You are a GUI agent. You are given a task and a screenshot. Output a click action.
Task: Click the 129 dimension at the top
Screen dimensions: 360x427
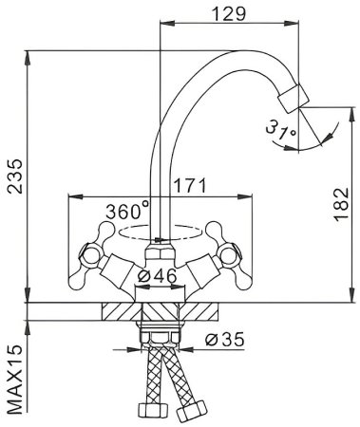pos(229,13)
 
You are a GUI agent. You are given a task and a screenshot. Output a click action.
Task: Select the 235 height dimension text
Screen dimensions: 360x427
pos(15,176)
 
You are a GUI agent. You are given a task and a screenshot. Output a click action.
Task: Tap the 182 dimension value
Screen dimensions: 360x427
pos(341,204)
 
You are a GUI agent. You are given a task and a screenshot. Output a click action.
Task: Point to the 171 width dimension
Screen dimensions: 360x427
pos(190,185)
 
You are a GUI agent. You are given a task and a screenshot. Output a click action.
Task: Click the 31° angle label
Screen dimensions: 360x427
pos(281,131)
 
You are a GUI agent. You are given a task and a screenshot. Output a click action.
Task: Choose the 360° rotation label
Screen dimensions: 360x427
pos(127,211)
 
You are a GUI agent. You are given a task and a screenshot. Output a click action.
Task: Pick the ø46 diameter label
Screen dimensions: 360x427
pos(158,275)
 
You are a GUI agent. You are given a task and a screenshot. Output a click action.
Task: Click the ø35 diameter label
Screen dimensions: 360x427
pos(225,340)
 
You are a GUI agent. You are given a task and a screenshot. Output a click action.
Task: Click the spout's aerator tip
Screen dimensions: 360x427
pos(294,99)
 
